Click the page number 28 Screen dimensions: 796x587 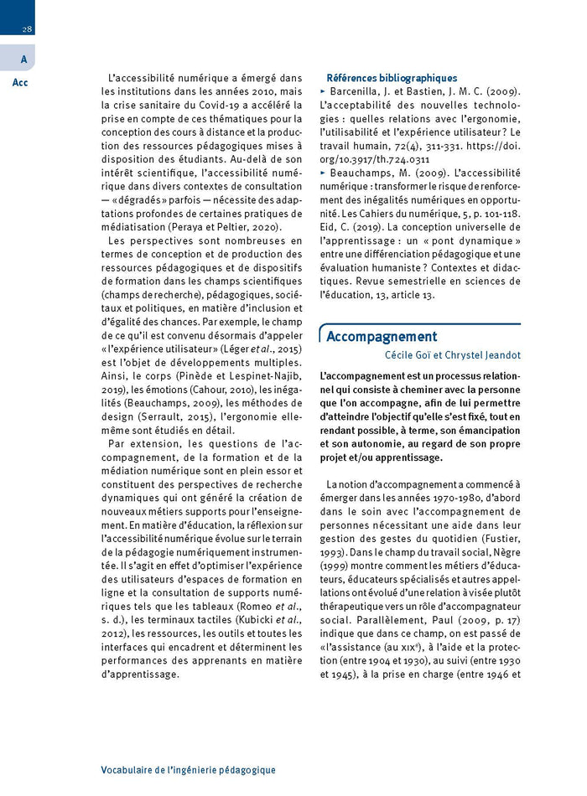click(x=28, y=29)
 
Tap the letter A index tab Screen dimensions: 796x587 click(x=23, y=59)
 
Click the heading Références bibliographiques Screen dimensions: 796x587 click(x=392, y=78)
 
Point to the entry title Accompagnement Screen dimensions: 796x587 click(x=382, y=337)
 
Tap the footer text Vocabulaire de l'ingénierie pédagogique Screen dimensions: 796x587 click(x=188, y=769)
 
